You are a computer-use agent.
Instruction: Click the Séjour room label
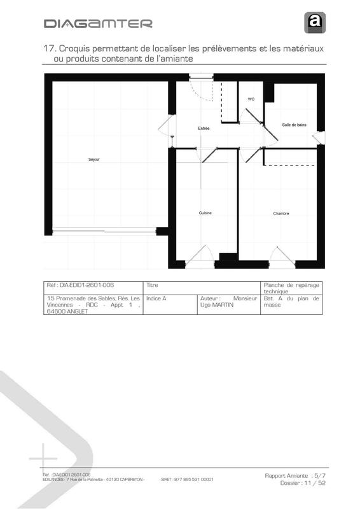[93, 159]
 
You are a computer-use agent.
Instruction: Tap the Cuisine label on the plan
[205, 213]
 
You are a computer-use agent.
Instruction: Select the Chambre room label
[281, 213]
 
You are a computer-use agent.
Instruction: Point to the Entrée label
[204, 129]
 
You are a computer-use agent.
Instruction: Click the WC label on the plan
[251, 99]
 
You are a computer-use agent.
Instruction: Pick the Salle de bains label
[294, 125]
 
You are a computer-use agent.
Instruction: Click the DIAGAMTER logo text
[98, 24]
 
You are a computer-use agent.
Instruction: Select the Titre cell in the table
[152, 286]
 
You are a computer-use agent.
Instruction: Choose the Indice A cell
[156, 298]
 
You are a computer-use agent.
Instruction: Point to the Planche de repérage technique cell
[291, 288]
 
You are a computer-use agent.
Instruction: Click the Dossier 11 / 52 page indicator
[303, 483]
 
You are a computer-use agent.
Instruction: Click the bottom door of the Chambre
[282, 256]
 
